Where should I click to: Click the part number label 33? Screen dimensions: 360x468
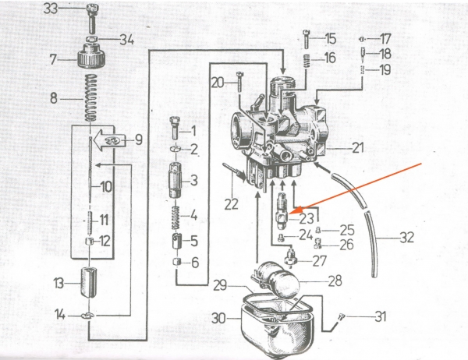coord(72,9)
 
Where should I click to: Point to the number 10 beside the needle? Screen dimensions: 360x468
coord(106,186)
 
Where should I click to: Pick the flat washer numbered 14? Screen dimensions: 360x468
coord(92,316)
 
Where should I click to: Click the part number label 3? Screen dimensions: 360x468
coord(193,181)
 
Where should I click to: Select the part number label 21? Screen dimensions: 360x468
coord(358,147)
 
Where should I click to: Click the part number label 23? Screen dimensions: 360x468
coord(306,219)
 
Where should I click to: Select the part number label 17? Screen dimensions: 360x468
coord(385,38)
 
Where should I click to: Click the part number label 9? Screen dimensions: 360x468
coord(138,140)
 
